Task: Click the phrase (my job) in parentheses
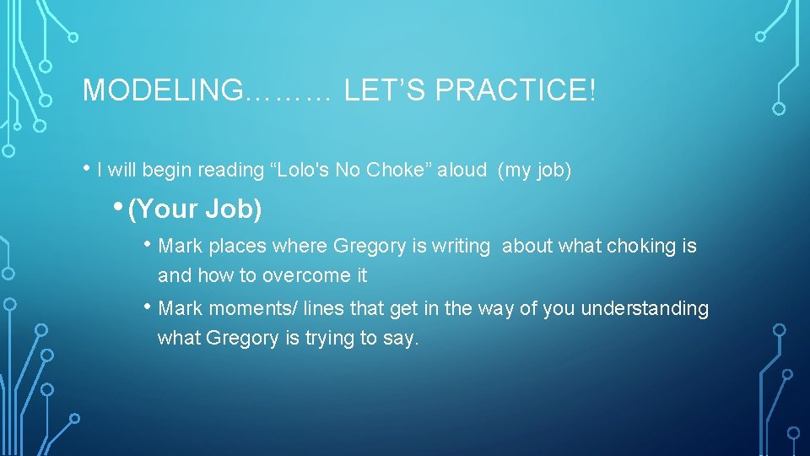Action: tap(534, 171)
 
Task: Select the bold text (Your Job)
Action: tap(194, 209)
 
